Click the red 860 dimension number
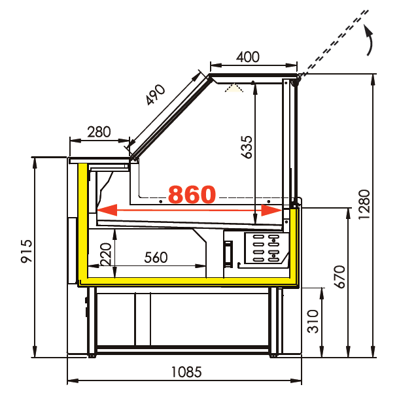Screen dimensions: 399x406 192,194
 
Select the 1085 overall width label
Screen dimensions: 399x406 186,372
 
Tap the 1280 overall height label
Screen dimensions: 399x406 364,204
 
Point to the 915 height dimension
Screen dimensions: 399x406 27,251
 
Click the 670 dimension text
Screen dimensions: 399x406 339,277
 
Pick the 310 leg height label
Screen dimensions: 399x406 313,321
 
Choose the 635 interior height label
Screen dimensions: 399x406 247,147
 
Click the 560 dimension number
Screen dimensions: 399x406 156,258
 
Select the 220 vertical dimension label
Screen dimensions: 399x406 106,254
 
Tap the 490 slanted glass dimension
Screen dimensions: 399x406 155,95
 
